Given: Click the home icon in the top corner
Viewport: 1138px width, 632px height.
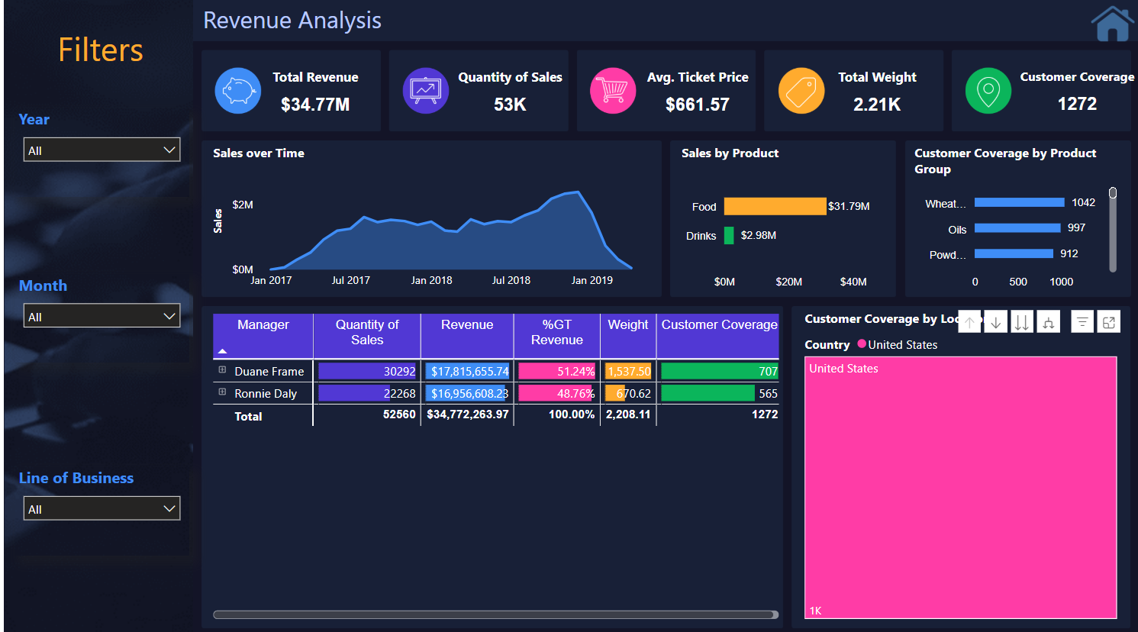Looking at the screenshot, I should coord(1112,24).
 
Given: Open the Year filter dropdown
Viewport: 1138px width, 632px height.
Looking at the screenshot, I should coord(102,150).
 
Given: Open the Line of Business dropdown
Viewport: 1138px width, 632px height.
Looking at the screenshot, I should coord(102,509).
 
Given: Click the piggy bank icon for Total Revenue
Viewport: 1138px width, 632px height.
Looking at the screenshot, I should coord(238,91).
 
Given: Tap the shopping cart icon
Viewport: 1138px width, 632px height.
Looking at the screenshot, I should coord(613,91).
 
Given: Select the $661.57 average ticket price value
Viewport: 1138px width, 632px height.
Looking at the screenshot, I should coord(697,105).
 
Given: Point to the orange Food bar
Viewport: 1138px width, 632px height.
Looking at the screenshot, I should coord(775,206).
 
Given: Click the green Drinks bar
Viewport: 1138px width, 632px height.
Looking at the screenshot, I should coord(729,235).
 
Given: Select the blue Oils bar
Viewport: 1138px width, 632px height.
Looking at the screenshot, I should coord(1017,228).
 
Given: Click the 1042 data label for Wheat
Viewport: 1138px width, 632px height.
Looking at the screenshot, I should coord(1083,203).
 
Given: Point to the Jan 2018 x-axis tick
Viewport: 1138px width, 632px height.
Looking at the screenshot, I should coord(431,280).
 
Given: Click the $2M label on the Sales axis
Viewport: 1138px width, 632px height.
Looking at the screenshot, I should coord(243,205).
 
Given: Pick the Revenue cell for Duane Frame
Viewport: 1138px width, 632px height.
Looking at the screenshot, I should coord(467,372).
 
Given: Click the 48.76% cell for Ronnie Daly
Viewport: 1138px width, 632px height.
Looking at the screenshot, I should coord(557,394).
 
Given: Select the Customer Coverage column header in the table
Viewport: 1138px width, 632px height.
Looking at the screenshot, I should coord(719,325).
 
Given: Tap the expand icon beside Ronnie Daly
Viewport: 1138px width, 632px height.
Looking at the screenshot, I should coord(222,392).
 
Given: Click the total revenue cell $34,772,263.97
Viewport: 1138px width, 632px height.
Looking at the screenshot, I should coord(467,414).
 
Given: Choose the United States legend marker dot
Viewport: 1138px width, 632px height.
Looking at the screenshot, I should coord(862,344).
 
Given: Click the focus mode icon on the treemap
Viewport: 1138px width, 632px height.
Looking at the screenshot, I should coord(1108,323).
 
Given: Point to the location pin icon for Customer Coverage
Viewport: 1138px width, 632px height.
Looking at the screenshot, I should coord(988,91).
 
